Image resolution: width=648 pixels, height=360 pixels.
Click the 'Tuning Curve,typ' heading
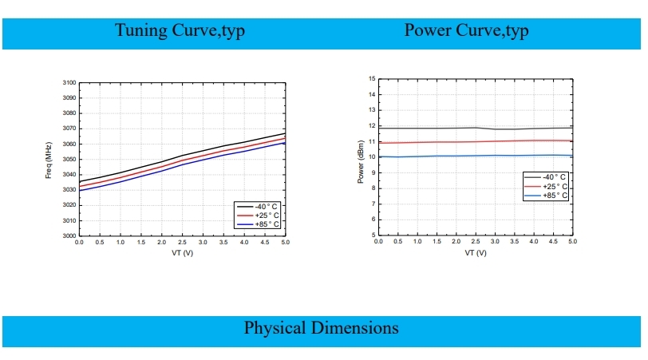[x=180, y=31]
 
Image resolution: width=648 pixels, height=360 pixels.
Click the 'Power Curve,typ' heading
[x=467, y=31]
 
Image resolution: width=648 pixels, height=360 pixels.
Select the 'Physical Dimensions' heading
[x=322, y=328]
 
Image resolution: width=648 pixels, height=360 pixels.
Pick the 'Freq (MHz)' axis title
[x=49, y=160]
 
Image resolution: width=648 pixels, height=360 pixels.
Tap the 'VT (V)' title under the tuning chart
[x=182, y=253]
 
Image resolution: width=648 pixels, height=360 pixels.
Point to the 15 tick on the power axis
[x=371, y=79]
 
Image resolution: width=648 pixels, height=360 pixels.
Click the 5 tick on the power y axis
[x=373, y=235]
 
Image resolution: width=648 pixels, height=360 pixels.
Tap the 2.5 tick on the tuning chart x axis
[x=182, y=242]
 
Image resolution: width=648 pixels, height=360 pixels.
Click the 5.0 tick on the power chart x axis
[x=572, y=241]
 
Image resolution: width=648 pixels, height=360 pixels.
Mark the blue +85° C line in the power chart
[x=447, y=156]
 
